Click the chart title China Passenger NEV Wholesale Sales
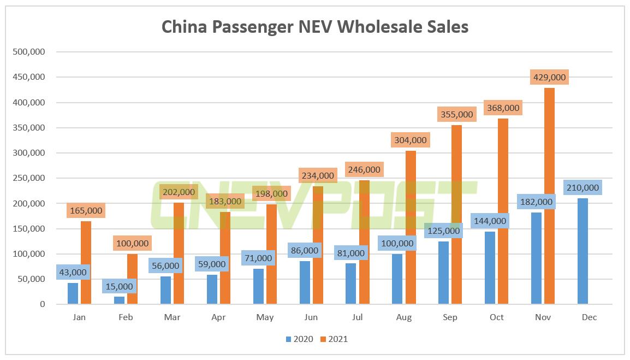[x=315, y=27]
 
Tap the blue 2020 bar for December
[x=583, y=251]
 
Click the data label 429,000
[x=549, y=78]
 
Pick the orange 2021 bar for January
[x=86, y=262]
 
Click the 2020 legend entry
[x=299, y=339]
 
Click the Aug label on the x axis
[x=404, y=317]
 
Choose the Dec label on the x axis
[x=589, y=317]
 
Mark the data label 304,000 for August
[x=409, y=140]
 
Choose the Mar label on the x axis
[x=173, y=317]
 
